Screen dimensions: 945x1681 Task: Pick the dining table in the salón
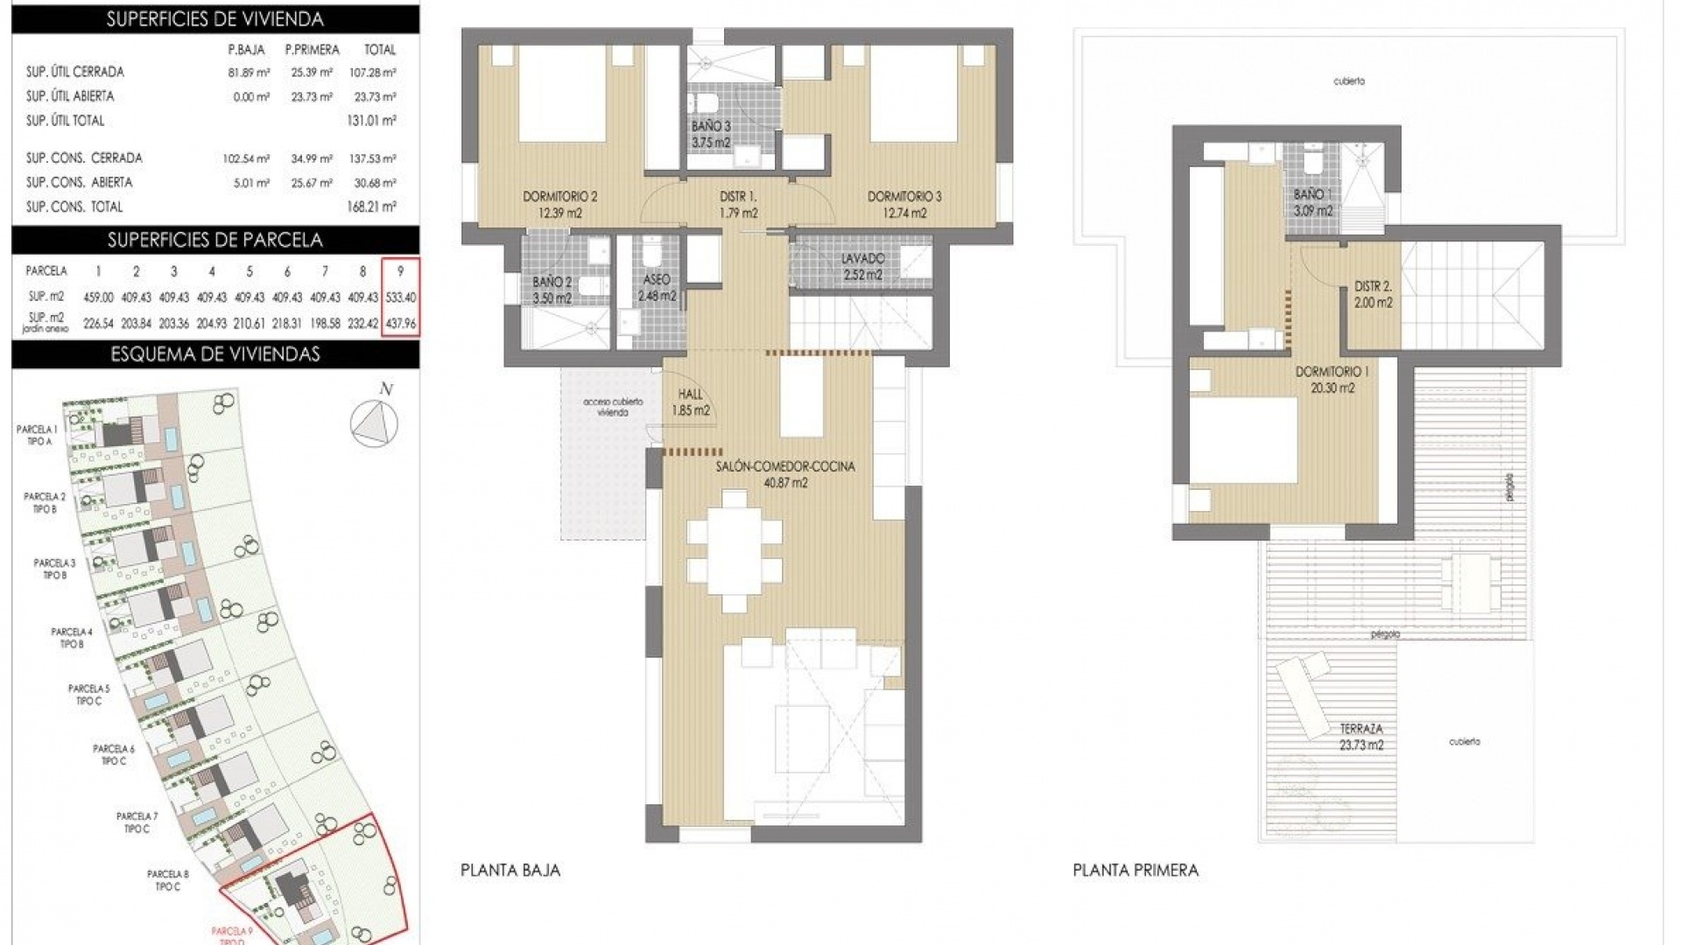click(x=735, y=551)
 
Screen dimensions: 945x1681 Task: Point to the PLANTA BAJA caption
click(x=510, y=870)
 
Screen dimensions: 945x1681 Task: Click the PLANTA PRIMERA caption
click(x=1136, y=870)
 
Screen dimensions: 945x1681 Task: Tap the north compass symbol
click(x=375, y=422)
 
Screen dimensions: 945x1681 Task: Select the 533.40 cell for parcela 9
click(x=400, y=297)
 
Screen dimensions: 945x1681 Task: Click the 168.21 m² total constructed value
click(x=371, y=207)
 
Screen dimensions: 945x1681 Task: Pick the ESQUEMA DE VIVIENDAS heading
click(x=215, y=354)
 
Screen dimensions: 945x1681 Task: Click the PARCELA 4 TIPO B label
click(x=71, y=637)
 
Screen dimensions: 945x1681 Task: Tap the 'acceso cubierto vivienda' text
click(x=613, y=407)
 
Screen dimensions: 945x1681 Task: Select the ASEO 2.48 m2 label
click(x=657, y=287)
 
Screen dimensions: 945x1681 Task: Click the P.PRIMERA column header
click(x=312, y=50)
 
